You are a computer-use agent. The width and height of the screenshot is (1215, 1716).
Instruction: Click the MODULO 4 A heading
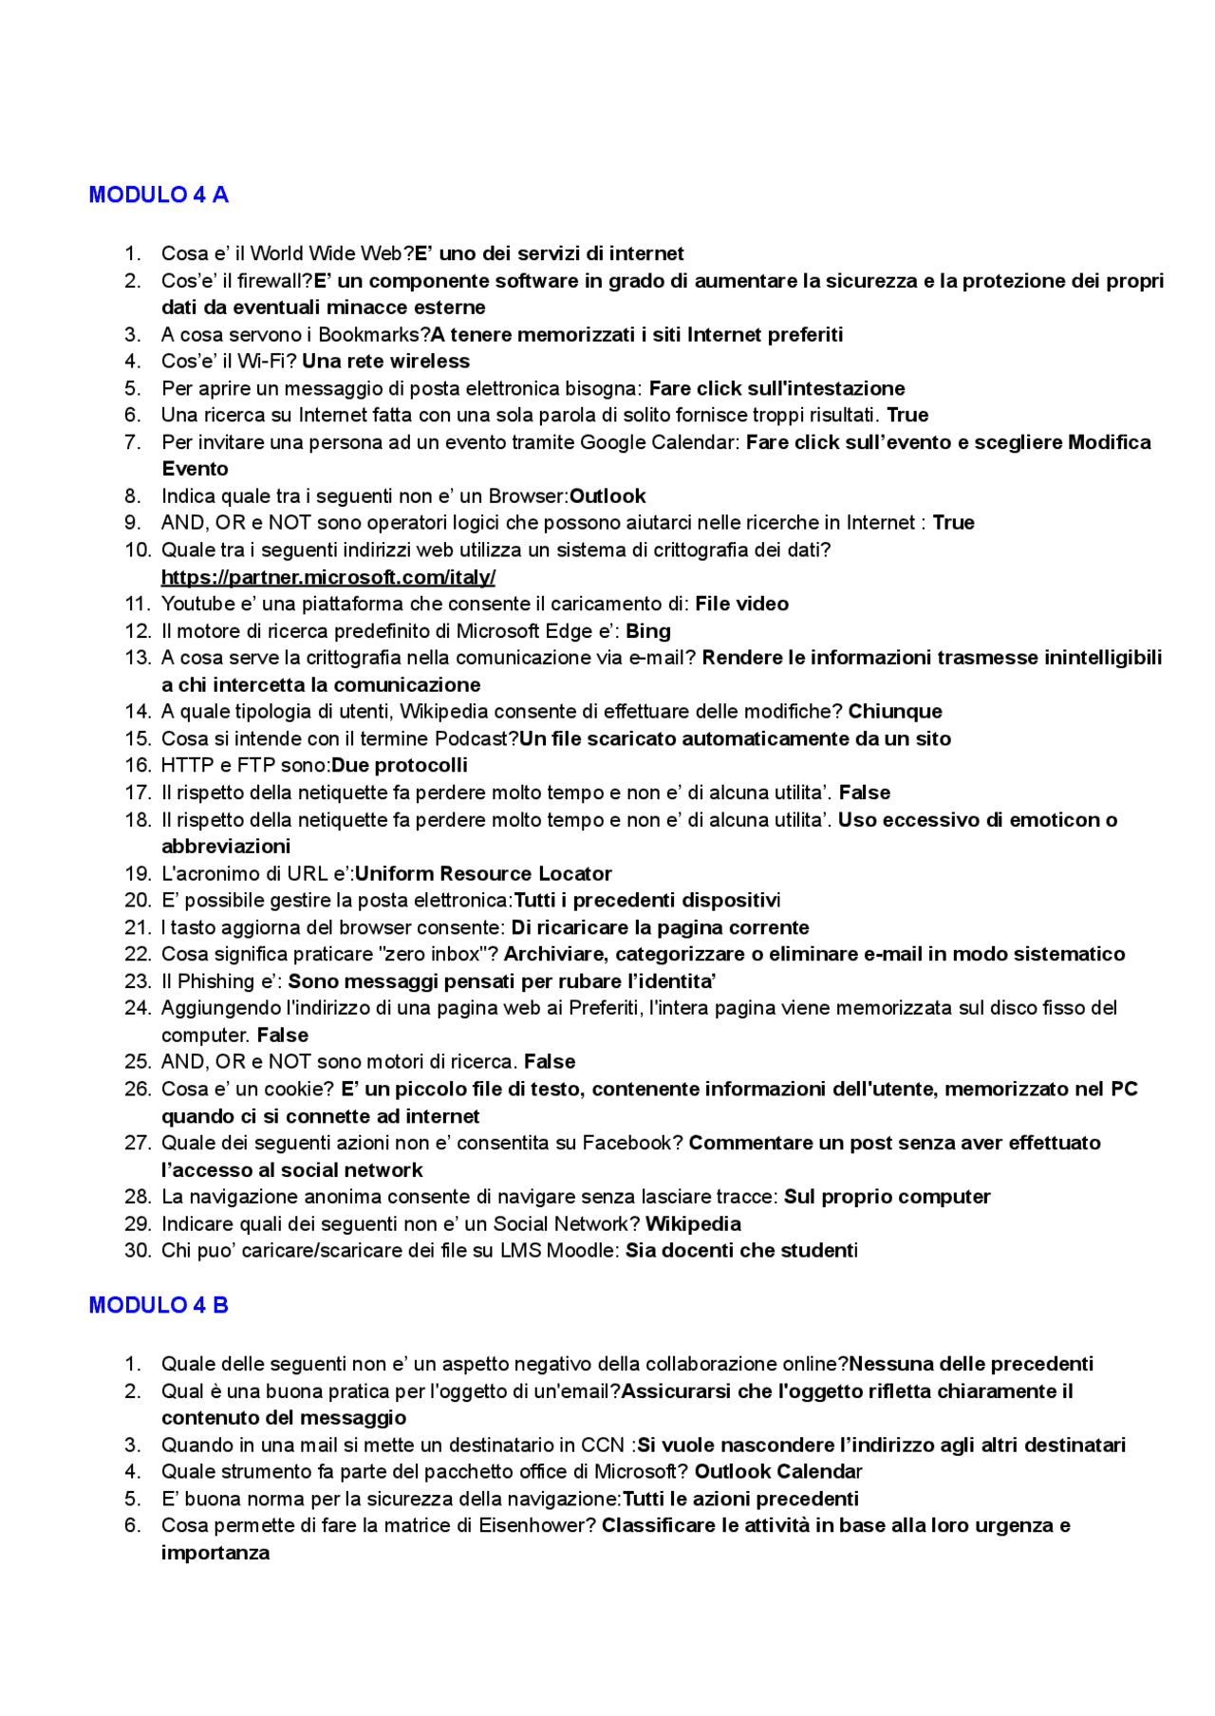[159, 195]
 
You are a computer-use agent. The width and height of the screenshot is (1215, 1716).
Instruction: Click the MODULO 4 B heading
[159, 1305]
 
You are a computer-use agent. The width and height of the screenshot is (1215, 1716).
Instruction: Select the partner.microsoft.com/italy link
[328, 577]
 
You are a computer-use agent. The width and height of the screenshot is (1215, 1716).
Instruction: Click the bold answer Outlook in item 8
[607, 495]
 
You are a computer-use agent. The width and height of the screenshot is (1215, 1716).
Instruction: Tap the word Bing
[648, 631]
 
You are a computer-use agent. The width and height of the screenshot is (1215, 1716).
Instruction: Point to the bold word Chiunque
[894, 711]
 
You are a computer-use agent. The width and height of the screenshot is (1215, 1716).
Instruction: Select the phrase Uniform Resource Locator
[483, 873]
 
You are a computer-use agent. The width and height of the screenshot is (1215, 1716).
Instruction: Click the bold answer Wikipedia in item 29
[693, 1223]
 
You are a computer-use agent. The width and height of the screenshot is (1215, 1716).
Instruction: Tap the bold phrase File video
[741, 604]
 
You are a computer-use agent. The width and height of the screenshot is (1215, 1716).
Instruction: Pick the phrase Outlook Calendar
[777, 1471]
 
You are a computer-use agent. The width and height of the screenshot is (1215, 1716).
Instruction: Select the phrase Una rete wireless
[385, 361]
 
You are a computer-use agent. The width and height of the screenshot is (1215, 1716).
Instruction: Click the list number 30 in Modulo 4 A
[138, 1250]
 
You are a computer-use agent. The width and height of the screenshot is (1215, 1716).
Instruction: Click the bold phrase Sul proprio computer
[887, 1197]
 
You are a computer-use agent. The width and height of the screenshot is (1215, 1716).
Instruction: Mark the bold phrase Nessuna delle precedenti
[971, 1364]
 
